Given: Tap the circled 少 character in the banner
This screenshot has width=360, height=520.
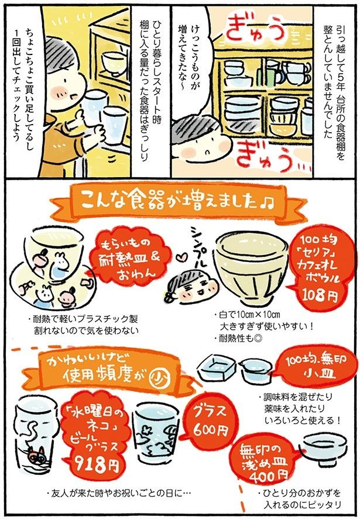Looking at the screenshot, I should click(157, 374).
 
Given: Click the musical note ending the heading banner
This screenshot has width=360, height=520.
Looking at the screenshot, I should click(267, 203).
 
